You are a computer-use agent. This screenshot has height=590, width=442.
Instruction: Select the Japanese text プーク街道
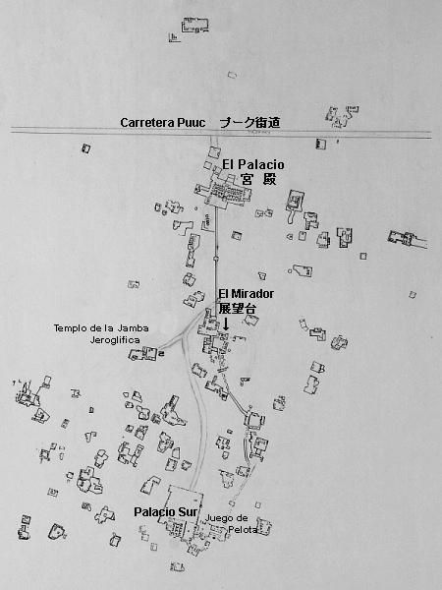click(x=249, y=123)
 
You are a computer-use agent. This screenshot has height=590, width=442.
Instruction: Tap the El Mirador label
click(x=246, y=293)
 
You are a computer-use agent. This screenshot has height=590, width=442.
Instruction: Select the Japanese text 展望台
click(x=237, y=308)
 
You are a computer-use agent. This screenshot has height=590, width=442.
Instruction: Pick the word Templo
click(x=74, y=327)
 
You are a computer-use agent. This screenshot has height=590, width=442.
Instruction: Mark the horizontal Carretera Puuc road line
click(x=59, y=132)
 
